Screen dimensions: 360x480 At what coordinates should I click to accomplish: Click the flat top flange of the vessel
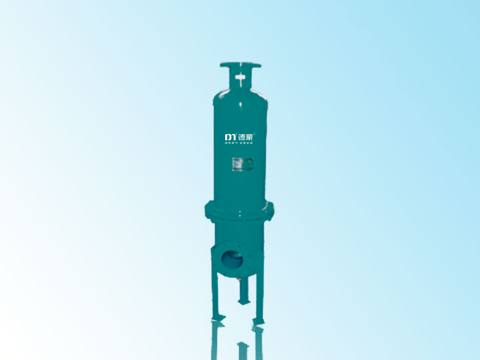(240, 65)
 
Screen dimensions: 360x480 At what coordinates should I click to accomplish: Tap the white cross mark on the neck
(240, 78)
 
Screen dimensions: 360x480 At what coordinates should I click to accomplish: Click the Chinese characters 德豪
(246, 137)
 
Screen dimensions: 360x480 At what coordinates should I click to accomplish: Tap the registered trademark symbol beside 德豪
(255, 134)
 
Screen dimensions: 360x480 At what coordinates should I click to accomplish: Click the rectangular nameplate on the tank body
(242, 164)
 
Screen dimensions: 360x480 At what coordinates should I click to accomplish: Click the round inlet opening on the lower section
(232, 260)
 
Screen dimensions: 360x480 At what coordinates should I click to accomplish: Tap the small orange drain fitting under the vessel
(240, 280)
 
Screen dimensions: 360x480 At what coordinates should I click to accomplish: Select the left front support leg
(215, 296)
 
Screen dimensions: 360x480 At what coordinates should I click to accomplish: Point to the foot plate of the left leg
(218, 318)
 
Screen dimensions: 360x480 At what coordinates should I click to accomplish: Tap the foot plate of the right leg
(258, 321)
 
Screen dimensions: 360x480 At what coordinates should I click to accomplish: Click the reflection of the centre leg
(242, 350)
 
